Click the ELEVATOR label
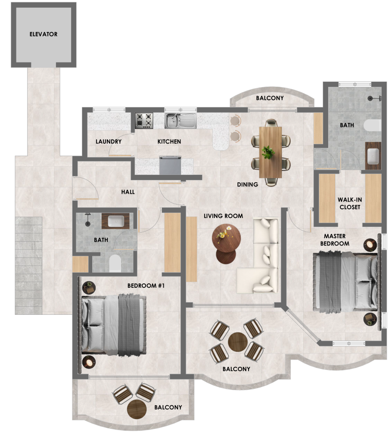(44, 34)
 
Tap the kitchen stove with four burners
(144, 121)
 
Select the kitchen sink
(180, 121)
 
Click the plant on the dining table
(268, 152)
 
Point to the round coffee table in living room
(226, 238)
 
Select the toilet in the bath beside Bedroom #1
(115, 263)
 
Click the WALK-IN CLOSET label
(350, 203)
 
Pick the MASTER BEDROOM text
(335, 240)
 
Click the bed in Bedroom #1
(114, 325)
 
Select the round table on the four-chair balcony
(238, 342)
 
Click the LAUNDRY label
(109, 141)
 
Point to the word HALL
(128, 192)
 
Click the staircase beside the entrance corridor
(28, 265)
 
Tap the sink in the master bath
(373, 155)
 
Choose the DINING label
(248, 184)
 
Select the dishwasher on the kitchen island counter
(170, 165)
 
